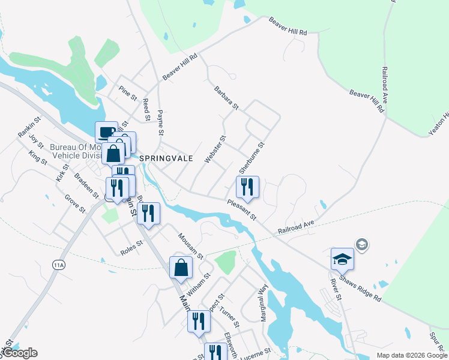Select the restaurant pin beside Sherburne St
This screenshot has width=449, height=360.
pos(247,188)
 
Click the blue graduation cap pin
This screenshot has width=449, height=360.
pos(342,259)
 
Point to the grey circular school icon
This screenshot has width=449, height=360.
pos(361,244)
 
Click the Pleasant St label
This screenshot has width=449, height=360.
pos(242,209)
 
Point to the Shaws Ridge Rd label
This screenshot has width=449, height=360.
pos(360,289)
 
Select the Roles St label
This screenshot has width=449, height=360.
pos(131,244)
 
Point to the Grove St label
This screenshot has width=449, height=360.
pos(75,203)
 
